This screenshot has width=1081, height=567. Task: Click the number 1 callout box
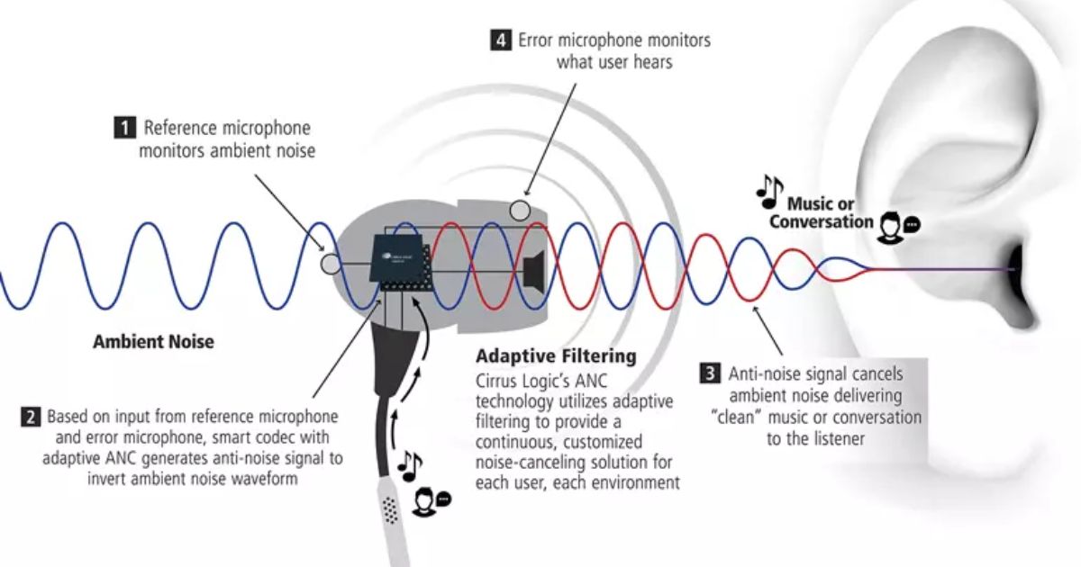pos(125,129)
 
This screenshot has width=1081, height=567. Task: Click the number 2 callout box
pos(31,417)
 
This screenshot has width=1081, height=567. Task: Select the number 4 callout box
pos(499,40)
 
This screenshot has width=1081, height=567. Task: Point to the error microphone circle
pos(520,211)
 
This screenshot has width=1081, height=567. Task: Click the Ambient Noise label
pos(153,342)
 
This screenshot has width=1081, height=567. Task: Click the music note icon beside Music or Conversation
pos(768,187)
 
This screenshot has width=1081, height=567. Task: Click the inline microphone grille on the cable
pos(389,510)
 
